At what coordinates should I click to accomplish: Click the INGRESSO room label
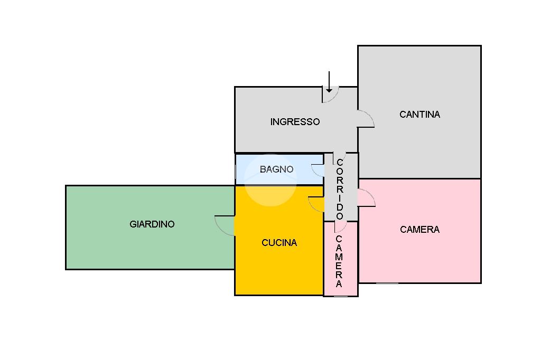click(x=295, y=122)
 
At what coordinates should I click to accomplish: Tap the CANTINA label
click(x=419, y=114)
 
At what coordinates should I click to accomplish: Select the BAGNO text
click(x=276, y=169)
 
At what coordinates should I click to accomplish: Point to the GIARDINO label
click(x=152, y=224)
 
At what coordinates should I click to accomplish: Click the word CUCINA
click(x=279, y=243)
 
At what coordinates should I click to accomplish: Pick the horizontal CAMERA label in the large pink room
click(x=419, y=230)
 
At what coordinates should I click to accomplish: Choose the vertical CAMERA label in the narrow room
click(x=339, y=261)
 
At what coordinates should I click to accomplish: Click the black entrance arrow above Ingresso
click(x=329, y=82)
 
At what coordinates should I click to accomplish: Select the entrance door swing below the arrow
click(x=331, y=95)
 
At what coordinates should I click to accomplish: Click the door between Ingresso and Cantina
click(x=366, y=119)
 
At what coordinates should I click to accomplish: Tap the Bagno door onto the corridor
click(x=318, y=170)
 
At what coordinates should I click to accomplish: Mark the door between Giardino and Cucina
click(x=225, y=225)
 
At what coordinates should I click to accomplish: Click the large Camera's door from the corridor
click(x=367, y=198)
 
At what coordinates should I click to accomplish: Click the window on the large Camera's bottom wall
click(x=387, y=283)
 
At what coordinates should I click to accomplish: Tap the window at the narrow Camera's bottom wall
click(x=341, y=296)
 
